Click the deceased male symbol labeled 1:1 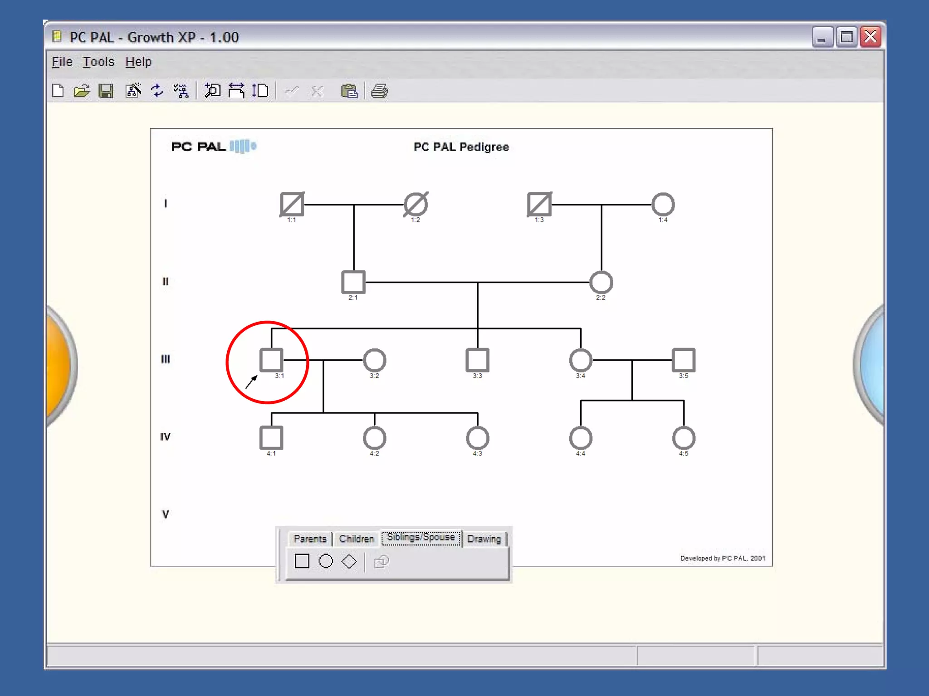pos(292,204)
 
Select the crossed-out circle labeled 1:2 pos(416,204)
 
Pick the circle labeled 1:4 pos(663,204)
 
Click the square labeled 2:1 pos(353,282)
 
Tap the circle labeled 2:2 pos(601,282)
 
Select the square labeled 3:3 pos(477,360)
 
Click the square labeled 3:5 pos(684,360)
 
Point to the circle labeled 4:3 pos(477,438)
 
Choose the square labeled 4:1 pos(271,437)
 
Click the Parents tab pos(310,539)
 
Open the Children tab pos(357,539)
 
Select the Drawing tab pos(484,539)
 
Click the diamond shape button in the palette pos(349,561)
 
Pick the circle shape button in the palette pos(326,561)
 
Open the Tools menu pos(98,62)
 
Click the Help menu pos(138,62)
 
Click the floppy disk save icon pos(106,91)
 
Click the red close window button pos(870,37)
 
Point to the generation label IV pos(165,436)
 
